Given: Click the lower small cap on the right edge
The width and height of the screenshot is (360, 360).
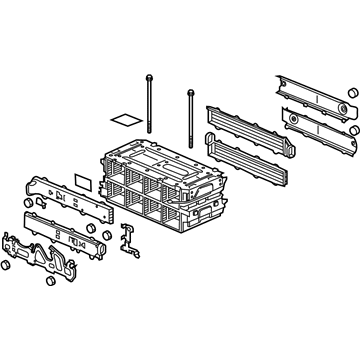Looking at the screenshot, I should [353, 130].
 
